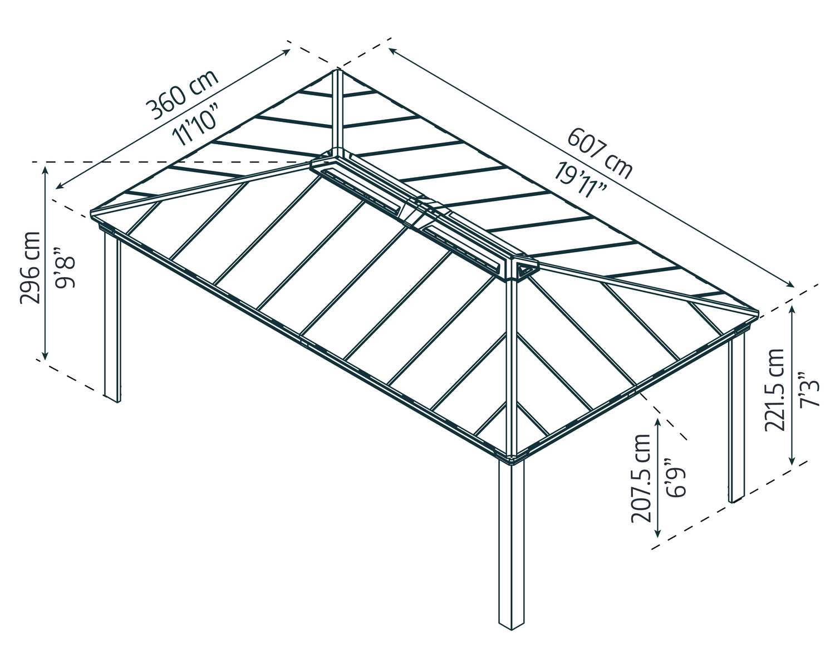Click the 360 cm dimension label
click(x=183, y=95)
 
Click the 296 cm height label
click(x=30, y=267)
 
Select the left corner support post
click(x=112, y=317)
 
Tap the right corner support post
click(x=736, y=417)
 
